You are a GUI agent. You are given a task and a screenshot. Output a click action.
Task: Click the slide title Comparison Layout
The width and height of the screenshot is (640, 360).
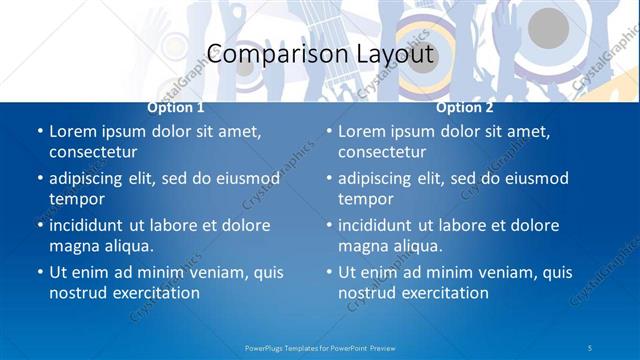(x=320, y=54)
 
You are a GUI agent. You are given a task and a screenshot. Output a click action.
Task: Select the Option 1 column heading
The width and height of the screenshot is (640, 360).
(x=176, y=107)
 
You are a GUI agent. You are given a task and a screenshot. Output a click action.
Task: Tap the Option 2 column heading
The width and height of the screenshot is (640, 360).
(x=465, y=107)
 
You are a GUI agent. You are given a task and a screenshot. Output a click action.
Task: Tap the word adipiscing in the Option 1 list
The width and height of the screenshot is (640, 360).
(x=93, y=179)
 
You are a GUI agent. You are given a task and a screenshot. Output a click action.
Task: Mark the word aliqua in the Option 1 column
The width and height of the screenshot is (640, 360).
(x=126, y=246)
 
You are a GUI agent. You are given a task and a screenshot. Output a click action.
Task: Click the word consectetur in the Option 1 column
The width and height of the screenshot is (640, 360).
(x=93, y=152)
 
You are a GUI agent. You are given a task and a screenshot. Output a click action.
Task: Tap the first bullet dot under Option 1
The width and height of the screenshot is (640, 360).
(x=39, y=132)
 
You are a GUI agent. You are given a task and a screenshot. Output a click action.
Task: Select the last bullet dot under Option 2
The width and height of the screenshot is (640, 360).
(x=328, y=273)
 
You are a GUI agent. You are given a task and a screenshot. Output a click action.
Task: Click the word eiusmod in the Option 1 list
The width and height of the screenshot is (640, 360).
(x=247, y=179)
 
